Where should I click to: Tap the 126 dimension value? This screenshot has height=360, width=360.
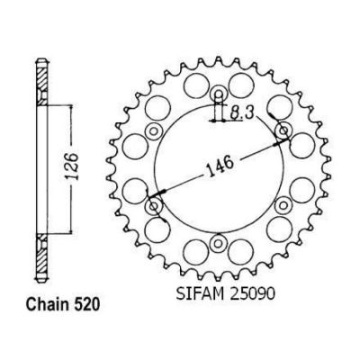pyautogui.click(x=72, y=166)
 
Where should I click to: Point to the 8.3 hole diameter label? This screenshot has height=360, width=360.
pyautogui.click(x=242, y=113)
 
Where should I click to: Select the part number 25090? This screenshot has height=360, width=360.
pyautogui.click(x=252, y=294)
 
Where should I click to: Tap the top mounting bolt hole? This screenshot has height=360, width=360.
pyautogui.click(x=219, y=94)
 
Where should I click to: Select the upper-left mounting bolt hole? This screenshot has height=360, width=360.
pyautogui.click(x=154, y=130)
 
